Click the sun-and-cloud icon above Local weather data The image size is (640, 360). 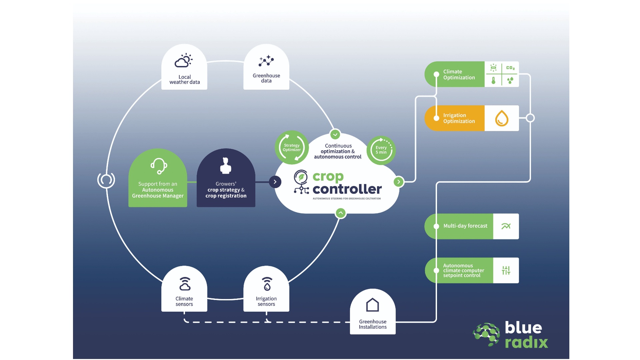point(184,61)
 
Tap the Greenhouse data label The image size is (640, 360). point(266,78)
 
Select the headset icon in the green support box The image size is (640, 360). point(159,166)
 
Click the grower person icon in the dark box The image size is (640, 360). point(226,166)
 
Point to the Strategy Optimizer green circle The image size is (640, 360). point(292,147)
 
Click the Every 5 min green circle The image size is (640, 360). point(381,150)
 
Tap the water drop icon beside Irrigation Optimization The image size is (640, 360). point(501,118)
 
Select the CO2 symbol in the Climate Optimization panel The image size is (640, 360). point(510,68)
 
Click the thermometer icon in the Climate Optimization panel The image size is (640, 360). point(493,80)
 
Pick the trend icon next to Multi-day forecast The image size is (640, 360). point(506,226)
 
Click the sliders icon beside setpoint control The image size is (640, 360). point(506,270)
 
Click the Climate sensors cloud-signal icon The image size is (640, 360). point(185,284)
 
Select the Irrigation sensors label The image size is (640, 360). point(266,301)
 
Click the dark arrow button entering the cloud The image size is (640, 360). point(275,182)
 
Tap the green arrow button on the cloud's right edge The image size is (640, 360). point(398,182)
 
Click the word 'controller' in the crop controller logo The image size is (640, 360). point(347,189)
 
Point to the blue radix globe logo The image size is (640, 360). point(487,334)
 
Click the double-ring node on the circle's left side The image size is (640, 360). point(106,180)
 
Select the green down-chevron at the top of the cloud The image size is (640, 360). point(335,134)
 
